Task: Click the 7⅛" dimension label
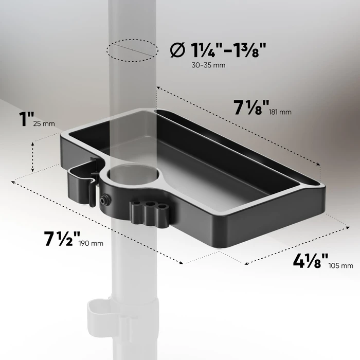click(251, 109)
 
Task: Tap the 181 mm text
click(280, 112)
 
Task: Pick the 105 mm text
click(340, 265)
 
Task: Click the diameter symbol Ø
click(176, 50)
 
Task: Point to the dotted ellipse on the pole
click(131, 49)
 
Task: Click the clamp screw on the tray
click(106, 199)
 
